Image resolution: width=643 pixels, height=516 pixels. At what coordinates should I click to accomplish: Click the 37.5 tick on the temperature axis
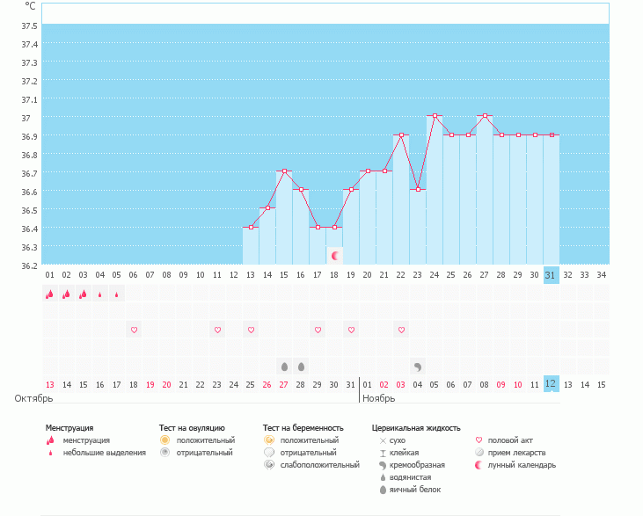[29, 44]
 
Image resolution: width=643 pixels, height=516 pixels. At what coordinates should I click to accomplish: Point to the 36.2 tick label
[29, 265]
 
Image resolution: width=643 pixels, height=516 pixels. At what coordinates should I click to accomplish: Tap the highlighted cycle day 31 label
[551, 275]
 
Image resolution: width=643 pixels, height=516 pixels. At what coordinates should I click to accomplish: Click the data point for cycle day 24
[435, 116]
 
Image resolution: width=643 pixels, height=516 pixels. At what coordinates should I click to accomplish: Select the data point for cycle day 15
[284, 171]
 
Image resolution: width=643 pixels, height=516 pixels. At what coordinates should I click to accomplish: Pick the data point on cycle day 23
[418, 190]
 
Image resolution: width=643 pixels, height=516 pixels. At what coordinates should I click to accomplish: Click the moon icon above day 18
[334, 255]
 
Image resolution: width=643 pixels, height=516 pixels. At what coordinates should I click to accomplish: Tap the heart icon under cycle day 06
[134, 330]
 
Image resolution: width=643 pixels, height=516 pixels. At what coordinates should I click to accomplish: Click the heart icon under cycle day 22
[401, 330]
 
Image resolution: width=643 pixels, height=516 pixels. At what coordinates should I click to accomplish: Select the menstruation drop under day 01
[49, 294]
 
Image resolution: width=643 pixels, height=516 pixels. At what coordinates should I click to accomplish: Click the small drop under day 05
[116, 294]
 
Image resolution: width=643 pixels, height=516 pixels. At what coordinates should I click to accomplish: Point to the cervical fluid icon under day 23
[418, 366]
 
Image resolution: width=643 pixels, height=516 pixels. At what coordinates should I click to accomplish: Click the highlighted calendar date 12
[551, 384]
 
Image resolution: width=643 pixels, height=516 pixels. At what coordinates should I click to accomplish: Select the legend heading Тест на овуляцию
[192, 428]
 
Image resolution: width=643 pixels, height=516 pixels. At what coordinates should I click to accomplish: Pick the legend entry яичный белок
[415, 490]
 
